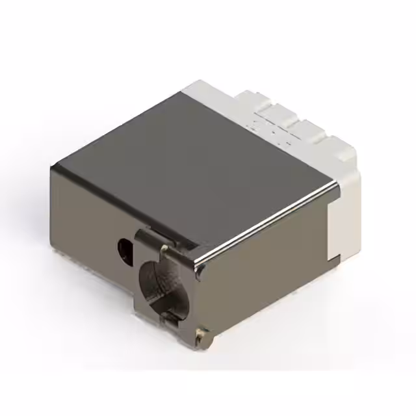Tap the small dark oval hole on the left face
[x=123, y=246]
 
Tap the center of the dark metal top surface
[x=195, y=162]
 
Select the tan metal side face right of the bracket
[x=266, y=273]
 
